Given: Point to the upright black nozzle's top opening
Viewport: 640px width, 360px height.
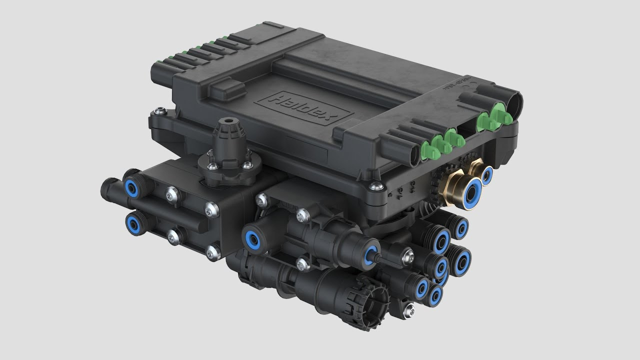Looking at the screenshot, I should [x=230, y=121].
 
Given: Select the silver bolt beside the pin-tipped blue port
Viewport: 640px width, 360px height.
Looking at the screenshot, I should [x=404, y=256].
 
